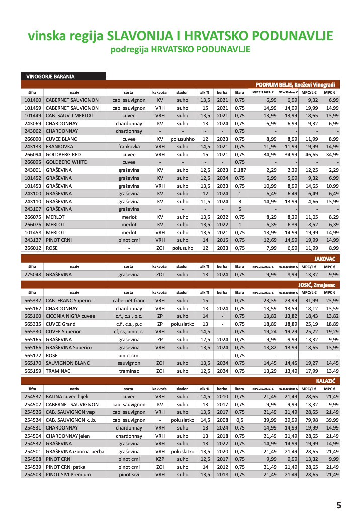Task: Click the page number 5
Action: [x=338, y=505]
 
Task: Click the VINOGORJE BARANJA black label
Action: [x=50, y=77]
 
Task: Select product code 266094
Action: [x=33, y=154]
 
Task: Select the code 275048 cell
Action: [x=33, y=274]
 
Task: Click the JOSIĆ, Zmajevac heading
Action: [x=319, y=285]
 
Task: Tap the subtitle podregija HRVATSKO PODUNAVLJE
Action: [x=179, y=50]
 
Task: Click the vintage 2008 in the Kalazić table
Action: [x=222, y=419]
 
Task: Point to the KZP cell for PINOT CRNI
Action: [x=160, y=459]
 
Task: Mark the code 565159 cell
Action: [x=33, y=370]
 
